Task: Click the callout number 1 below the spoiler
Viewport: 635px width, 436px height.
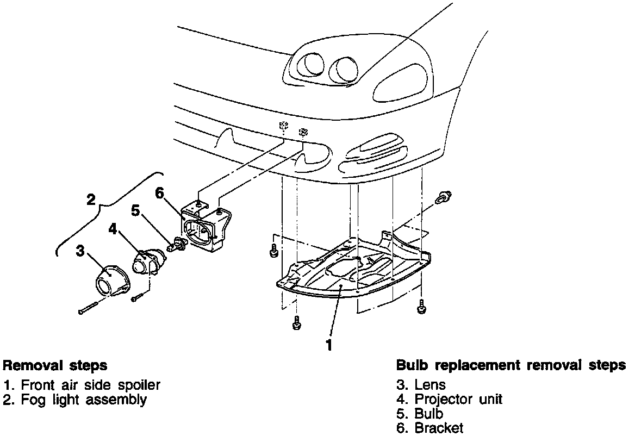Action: (328, 345)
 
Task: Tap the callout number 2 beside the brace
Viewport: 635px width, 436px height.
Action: (91, 199)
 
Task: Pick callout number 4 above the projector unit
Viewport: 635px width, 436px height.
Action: (113, 229)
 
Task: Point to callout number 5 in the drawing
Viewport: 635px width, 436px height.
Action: (136, 210)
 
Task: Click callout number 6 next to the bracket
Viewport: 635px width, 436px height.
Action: (159, 193)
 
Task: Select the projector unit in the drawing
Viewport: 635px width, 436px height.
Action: (146, 263)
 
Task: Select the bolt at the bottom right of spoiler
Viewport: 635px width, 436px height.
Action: (421, 308)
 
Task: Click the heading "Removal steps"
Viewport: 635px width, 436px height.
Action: (55, 365)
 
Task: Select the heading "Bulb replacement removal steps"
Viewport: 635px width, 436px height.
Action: (511, 365)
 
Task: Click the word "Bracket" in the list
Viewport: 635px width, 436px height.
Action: (439, 428)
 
